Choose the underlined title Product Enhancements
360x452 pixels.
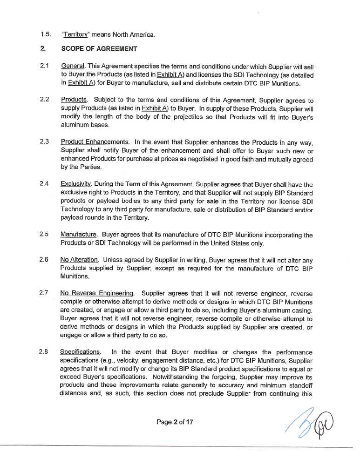tap(95, 142)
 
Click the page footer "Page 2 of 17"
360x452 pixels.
tap(175, 422)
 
